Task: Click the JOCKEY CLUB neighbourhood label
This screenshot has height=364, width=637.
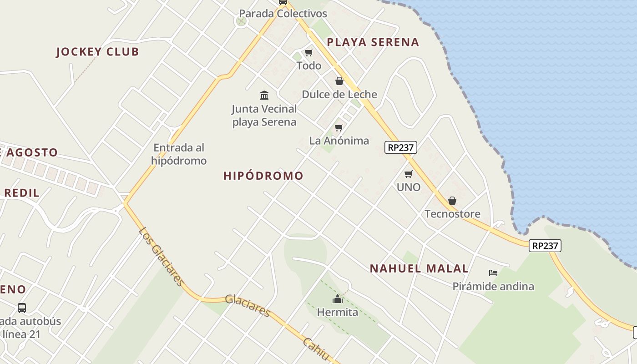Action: (x=97, y=52)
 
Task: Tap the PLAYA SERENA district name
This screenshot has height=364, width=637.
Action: (x=373, y=42)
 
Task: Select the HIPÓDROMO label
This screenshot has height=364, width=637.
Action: (x=263, y=176)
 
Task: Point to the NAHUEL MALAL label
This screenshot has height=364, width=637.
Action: (x=419, y=268)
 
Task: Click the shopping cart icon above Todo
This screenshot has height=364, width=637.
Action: (x=309, y=53)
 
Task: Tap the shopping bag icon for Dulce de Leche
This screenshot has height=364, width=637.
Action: (x=339, y=81)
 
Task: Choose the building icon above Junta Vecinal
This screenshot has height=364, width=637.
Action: (x=264, y=95)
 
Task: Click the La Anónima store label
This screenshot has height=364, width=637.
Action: (x=339, y=141)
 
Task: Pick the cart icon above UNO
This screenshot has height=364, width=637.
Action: (x=408, y=174)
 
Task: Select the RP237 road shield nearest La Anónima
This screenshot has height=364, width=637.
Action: (x=400, y=147)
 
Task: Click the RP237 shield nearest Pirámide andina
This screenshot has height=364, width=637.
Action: (x=545, y=246)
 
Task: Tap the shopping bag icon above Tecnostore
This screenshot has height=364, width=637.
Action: (x=452, y=201)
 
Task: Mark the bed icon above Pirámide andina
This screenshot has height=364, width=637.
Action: (x=493, y=273)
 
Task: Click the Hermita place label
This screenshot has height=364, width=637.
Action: (x=337, y=313)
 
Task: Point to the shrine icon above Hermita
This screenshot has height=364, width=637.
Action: (x=337, y=299)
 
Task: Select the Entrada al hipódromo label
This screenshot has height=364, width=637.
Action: (x=179, y=154)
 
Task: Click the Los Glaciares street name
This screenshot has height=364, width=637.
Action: (x=162, y=256)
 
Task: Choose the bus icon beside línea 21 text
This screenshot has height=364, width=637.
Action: (x=22, y=308)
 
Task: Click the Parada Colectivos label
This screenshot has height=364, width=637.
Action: (x=283, y=14)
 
